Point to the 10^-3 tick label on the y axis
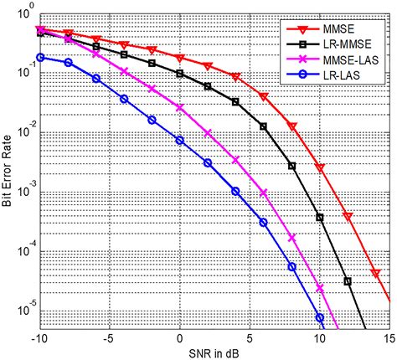[24, 192]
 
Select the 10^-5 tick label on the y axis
[24, 309]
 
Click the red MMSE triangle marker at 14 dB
[376, 274]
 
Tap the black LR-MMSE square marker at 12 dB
[348, 282]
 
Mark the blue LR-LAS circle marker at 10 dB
[320, 318]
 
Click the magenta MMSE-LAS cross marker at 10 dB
[320, 287]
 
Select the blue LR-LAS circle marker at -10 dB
[40, 57]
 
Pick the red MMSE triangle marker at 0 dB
[180, 58]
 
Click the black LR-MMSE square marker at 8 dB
[291, 166]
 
